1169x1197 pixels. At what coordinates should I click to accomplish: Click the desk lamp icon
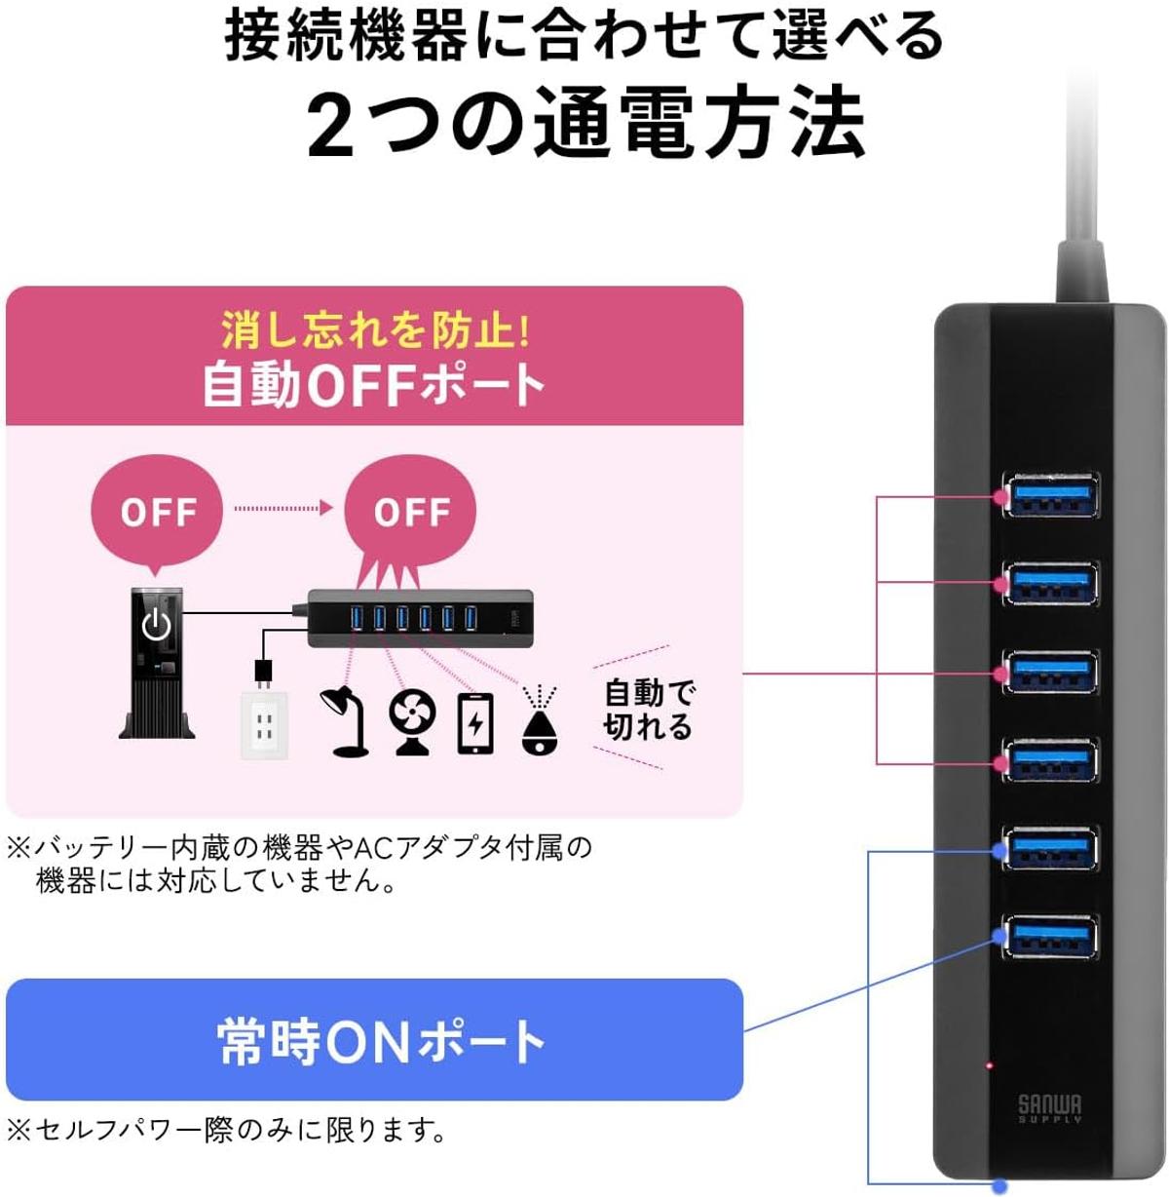344,721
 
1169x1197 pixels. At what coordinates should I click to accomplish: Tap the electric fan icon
412,723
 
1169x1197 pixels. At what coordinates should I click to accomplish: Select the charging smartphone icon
475,723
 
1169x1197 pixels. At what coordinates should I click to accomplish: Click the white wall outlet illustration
264,726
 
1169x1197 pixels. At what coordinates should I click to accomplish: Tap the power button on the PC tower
156,624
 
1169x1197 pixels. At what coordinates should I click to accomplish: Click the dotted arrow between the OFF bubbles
283,508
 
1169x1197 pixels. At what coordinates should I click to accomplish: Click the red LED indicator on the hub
989,1064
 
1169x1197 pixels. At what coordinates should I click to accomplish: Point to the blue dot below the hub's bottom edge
1001,1183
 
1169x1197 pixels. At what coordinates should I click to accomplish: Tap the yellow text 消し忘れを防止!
375,330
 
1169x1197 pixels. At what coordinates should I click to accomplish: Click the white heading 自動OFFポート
374,386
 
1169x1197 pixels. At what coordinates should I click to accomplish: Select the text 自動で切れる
649,710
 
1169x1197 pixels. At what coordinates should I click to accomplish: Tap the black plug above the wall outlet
264,675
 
